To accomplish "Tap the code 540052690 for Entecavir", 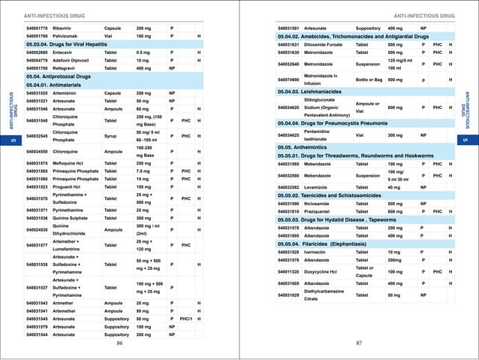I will pos(37,53).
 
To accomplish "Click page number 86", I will pos(119,343).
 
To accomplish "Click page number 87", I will pos(359,343).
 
